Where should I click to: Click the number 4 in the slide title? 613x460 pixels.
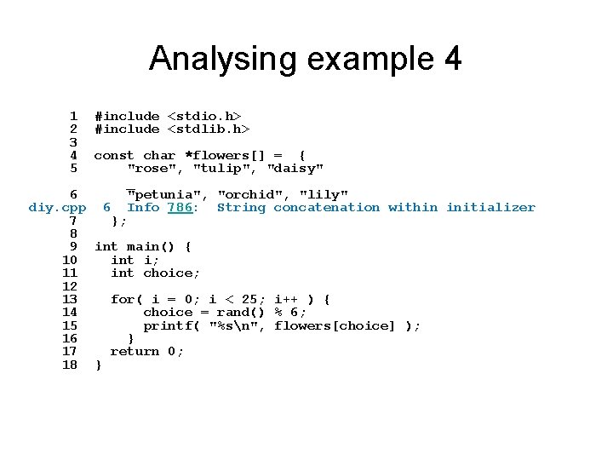point(452,59)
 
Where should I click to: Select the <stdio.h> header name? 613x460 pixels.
point(204,116)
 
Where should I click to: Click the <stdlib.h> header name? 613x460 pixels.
point(209,129)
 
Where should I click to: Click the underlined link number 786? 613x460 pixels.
point(180,207)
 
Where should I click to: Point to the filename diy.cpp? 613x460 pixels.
point(57,207)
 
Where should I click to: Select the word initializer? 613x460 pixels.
point(491,207)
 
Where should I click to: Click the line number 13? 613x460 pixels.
point(70,299)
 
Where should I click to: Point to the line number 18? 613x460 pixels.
point(70,365)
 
